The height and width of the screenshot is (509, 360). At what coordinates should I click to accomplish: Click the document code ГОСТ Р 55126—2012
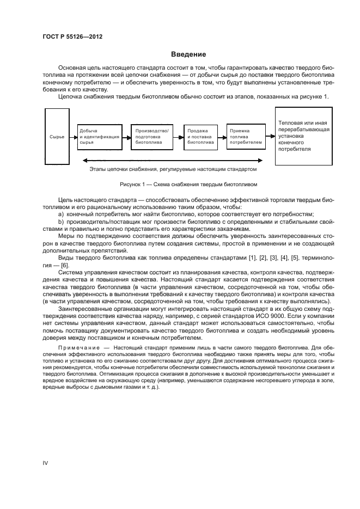(72, 37)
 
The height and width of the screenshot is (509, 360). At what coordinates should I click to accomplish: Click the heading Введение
(188, 54)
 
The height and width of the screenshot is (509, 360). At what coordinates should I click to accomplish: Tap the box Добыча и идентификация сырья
(99, 137)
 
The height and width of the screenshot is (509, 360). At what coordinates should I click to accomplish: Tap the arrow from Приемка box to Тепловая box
(270, 137)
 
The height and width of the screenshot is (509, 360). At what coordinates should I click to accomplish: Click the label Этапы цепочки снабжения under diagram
(173, 169)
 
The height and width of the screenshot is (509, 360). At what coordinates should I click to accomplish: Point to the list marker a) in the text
(61, 214)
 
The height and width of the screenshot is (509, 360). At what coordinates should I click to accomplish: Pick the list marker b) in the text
(61, 222)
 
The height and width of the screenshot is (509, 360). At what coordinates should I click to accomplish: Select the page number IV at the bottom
(46, 463)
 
